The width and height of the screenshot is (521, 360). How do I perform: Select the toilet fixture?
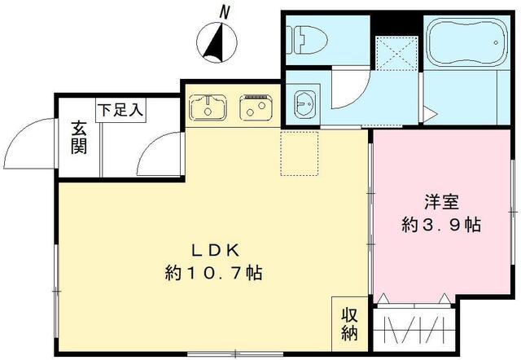[x=309, y=37]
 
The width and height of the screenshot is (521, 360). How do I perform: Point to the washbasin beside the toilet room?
[x=306, y=103]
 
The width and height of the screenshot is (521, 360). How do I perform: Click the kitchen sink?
[x=208, y=106]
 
